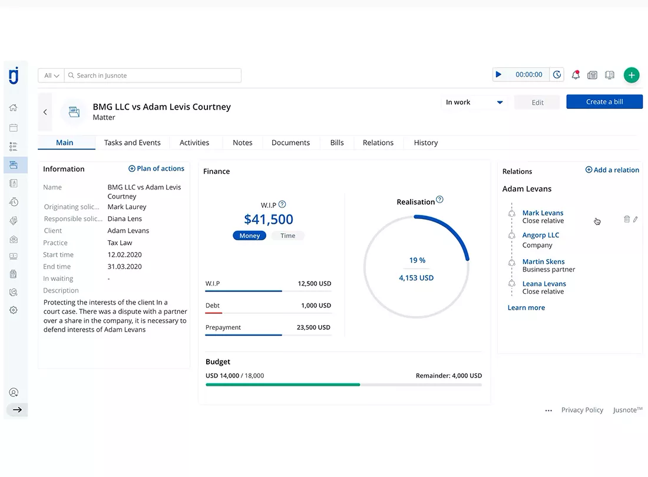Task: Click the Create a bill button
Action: coord(604,102)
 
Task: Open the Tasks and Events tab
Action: coord(132,143)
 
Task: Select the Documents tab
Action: coord(290,143)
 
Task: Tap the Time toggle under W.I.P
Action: coord(287,236)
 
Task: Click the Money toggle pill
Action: coord(250,236)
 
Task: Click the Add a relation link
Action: coord(612,170)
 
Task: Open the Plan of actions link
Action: coord(156,168)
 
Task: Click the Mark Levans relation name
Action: coord(543,213)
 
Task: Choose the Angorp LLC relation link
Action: coord(541,235)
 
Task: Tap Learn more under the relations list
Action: coord(526,307)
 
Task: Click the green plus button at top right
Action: coord(631,75)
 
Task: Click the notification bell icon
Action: coord(576,75)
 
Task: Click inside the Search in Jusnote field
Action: coord(153,75)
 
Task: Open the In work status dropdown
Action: coord(474,102)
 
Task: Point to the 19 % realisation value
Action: coord(417,260)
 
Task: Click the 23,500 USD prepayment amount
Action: coord(313,327)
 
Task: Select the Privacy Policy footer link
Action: coord(582,410)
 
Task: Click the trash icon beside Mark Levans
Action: coord(627,219)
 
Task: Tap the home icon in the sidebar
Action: coord(13,108)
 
